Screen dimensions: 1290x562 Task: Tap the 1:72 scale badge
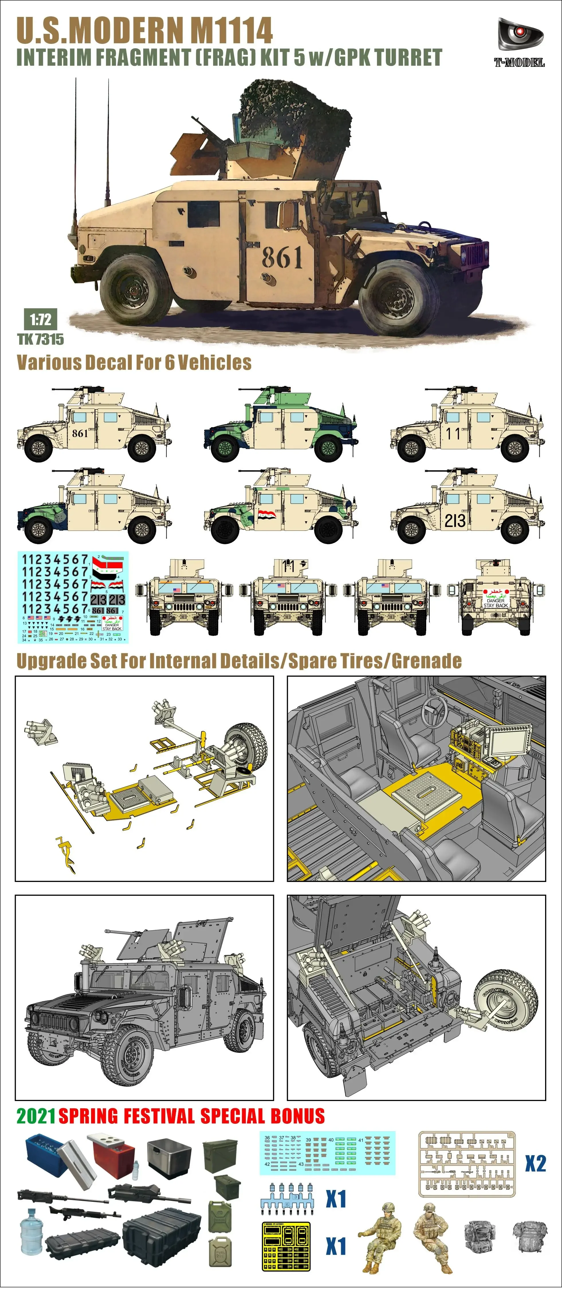(40, 319)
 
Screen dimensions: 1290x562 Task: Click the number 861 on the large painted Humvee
(282, 257)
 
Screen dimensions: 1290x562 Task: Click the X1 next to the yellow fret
(336, 1246)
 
